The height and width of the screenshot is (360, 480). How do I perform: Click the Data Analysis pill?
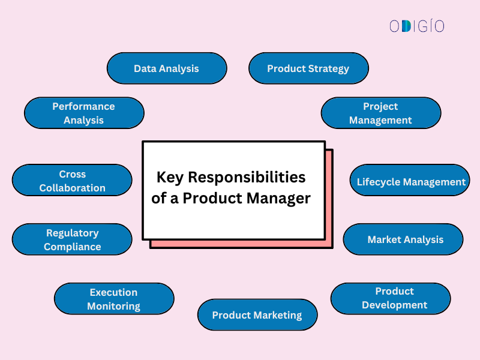point(167,68)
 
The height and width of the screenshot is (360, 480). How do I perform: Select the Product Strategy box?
point(308,68)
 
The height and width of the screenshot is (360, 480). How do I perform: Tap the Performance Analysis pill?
point(84,113)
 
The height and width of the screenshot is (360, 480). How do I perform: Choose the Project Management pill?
point(380,113)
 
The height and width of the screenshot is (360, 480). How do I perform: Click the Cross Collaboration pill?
point(72,181)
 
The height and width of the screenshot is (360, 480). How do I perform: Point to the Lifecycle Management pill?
point(410,181)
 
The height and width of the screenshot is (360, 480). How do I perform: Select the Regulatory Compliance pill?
point(72,239)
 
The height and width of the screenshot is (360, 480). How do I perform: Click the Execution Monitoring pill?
point(114,299)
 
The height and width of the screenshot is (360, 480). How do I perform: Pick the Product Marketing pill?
point(257,314)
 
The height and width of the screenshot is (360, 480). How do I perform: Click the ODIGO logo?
point(416,26)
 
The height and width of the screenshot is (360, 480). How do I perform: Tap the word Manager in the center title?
point(281,198)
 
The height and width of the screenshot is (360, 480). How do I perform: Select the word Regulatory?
point(72,233)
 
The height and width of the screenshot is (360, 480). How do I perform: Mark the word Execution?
point(113,292)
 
